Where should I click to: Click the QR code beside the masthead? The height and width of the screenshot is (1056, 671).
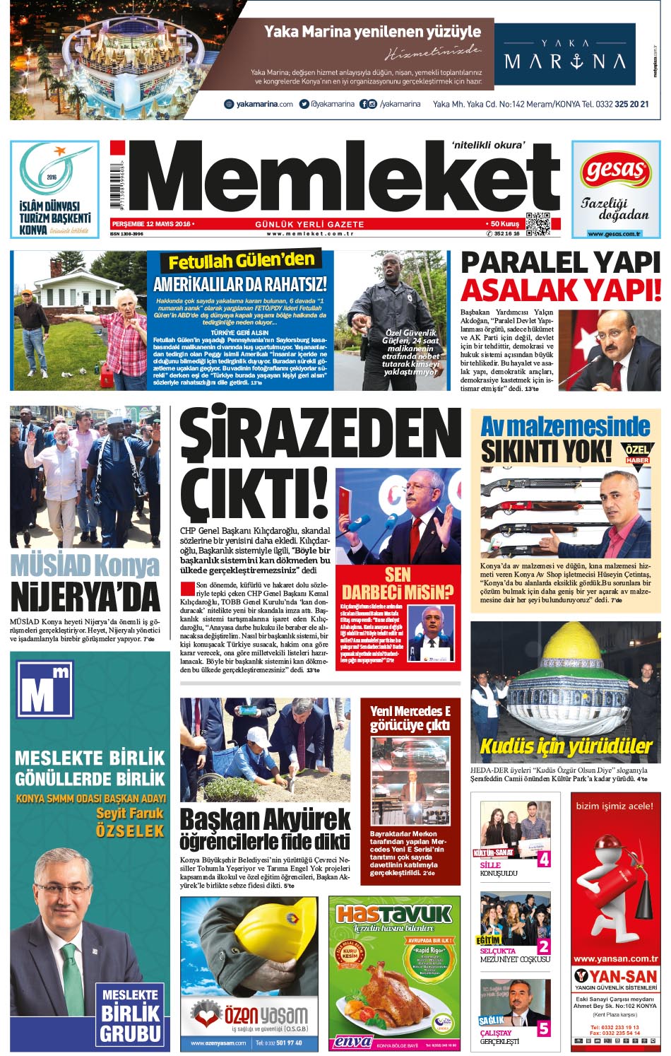coord(538,224)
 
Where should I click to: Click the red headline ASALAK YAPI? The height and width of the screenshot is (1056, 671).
coord(561,291)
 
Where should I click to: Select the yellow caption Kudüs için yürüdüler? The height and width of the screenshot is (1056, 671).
coord(566,746)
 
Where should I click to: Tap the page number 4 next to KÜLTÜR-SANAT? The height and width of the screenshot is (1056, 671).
coord(543,860)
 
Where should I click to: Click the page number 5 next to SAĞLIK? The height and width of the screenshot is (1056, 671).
coord(543,1028)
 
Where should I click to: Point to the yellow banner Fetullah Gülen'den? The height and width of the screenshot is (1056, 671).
coord(241,262)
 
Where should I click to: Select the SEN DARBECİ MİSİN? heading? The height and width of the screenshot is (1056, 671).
coord(398,584)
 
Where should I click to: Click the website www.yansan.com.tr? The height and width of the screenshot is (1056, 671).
coord(615,958)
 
